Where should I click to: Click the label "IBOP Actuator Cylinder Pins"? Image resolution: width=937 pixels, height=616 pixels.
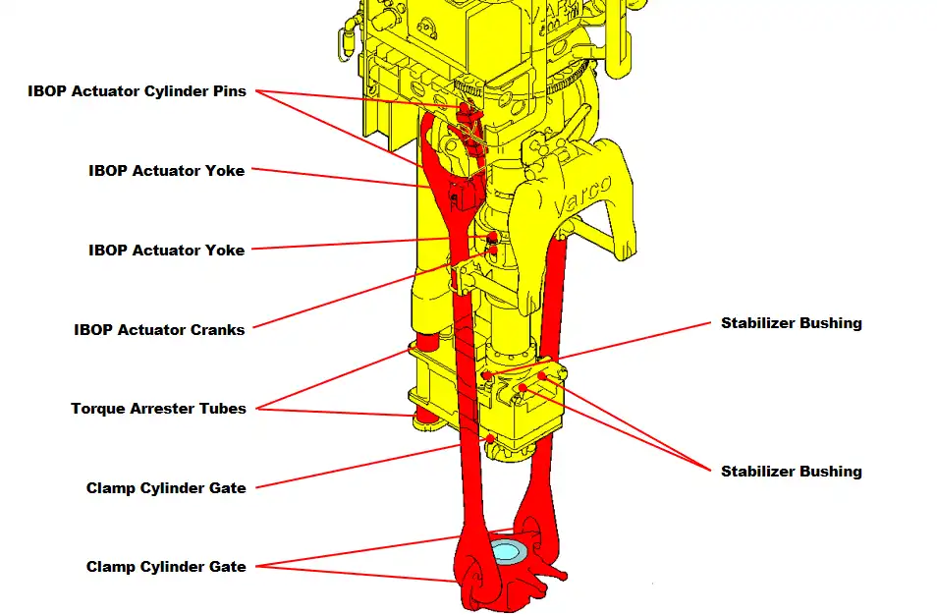point(137,91)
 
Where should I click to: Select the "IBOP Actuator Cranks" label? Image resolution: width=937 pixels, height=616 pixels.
point(159,330)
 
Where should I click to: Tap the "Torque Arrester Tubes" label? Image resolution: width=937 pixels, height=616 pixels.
point(158,409)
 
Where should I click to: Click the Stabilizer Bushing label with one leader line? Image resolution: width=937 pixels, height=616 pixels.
point(791,323)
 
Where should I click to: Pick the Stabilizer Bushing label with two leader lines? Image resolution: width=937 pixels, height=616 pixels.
point(791,472)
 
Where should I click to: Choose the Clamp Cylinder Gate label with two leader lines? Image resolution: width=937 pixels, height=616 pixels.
point(166,567)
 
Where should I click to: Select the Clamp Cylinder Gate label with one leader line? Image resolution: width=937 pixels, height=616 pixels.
point(166,488)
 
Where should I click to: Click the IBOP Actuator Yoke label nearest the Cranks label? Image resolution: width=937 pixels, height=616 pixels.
point(166,251)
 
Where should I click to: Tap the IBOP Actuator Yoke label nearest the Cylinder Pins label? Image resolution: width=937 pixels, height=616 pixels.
point(166,171)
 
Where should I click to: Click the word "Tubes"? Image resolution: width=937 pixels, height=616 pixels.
point(223,409)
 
